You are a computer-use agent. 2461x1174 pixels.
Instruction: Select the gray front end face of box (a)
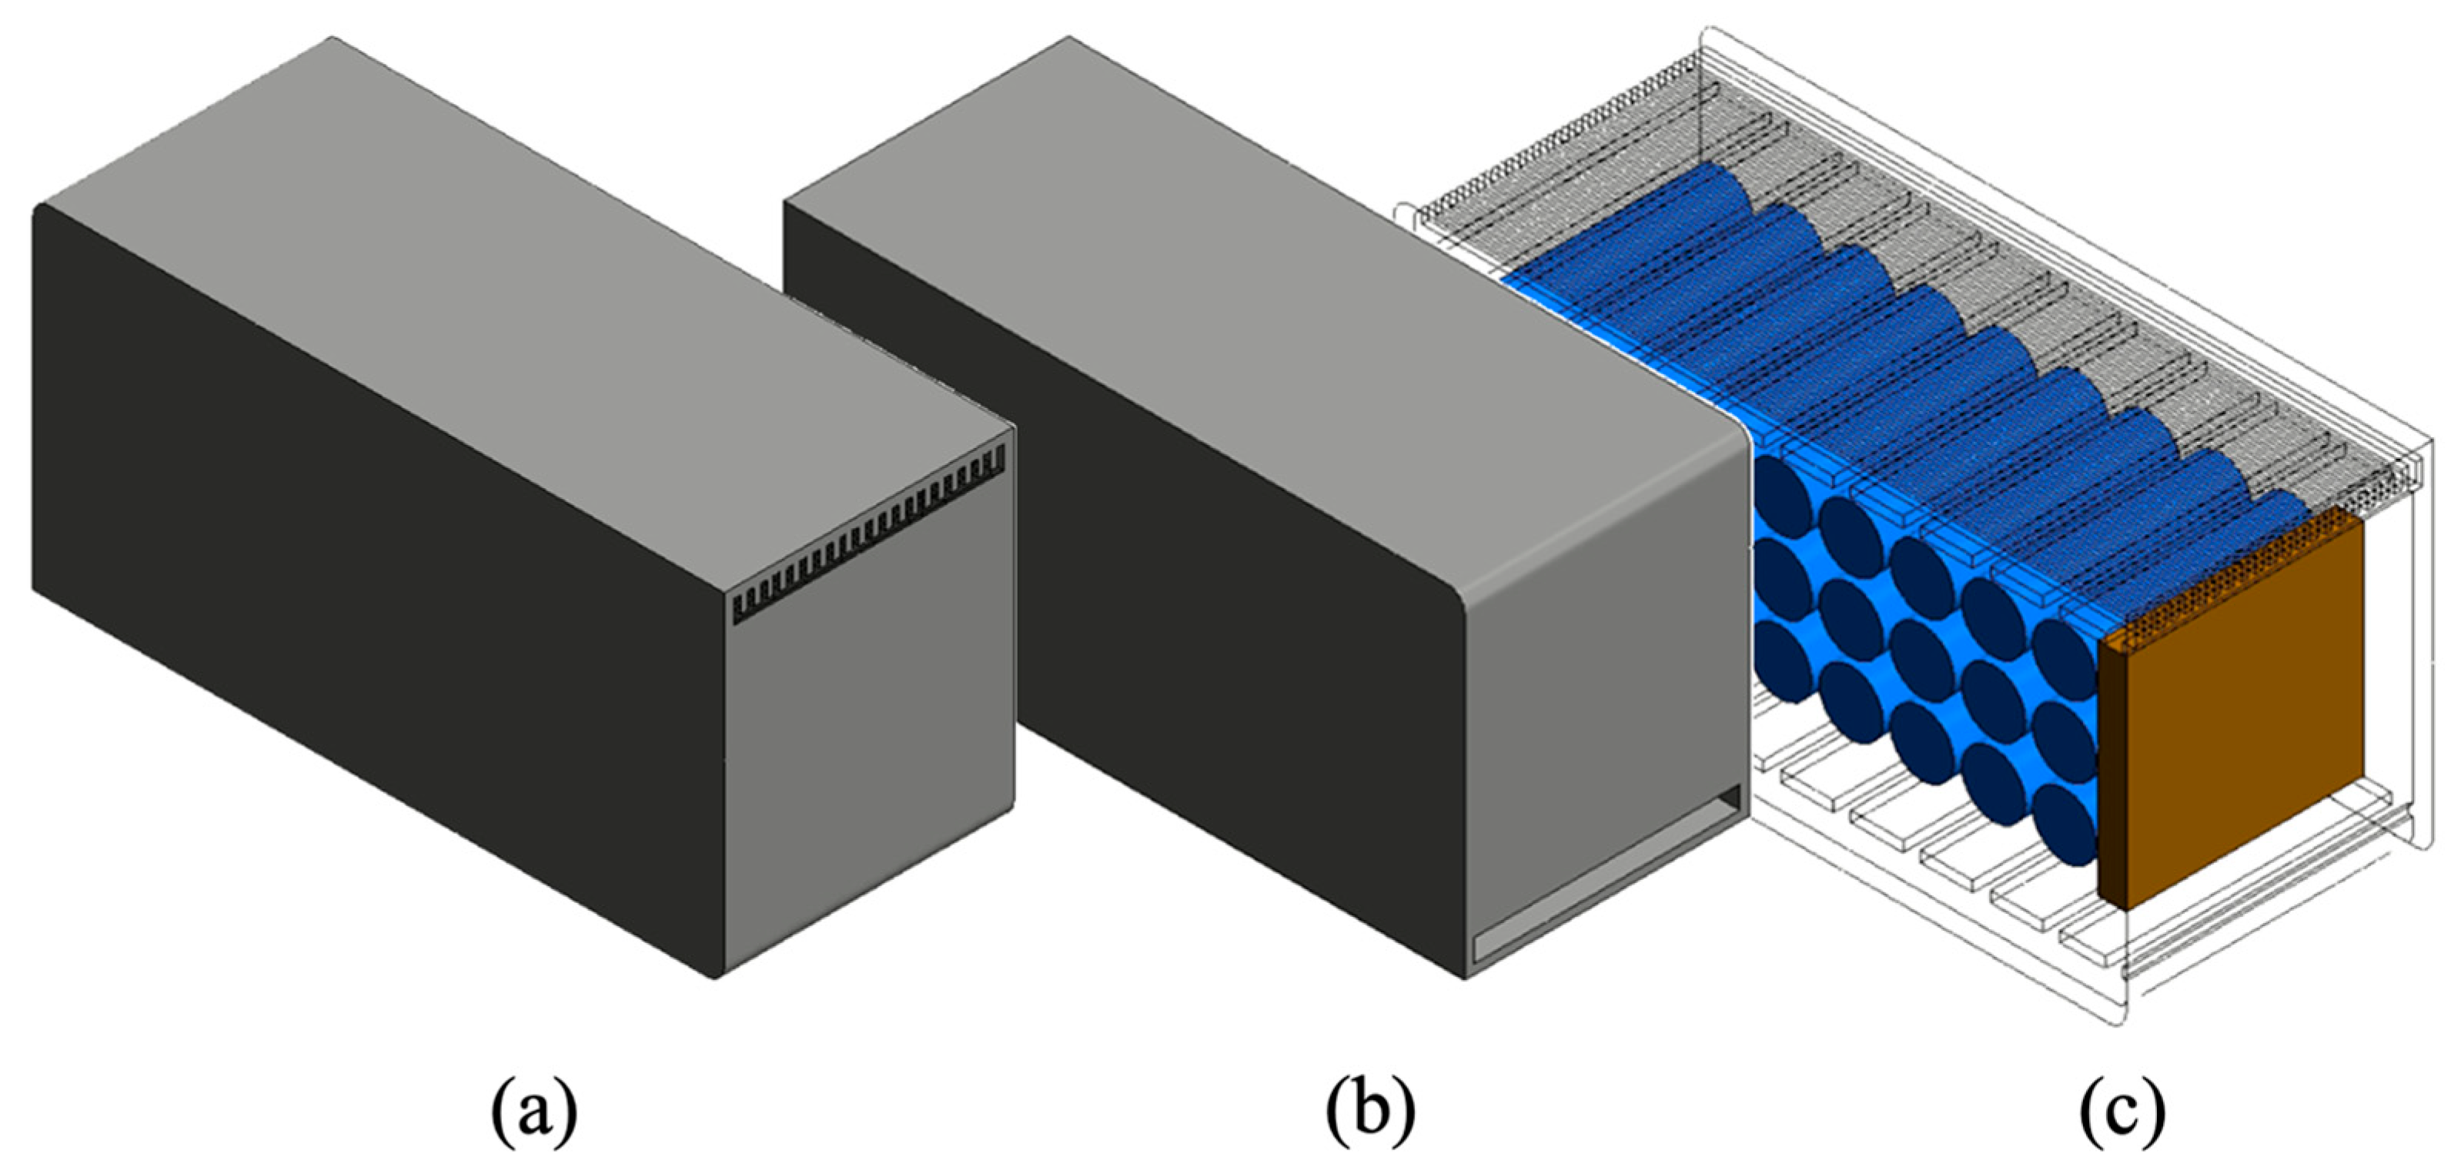click(x=869, y=745)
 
